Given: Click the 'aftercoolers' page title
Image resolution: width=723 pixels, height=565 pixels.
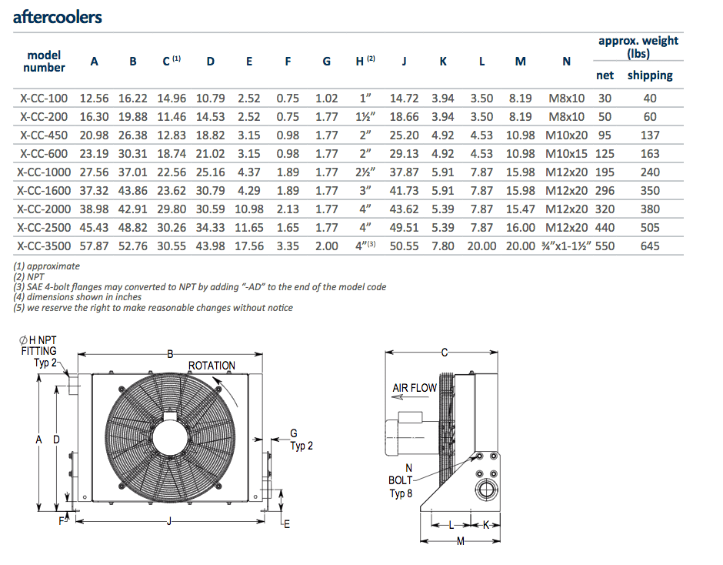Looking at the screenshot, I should tap(58, 17).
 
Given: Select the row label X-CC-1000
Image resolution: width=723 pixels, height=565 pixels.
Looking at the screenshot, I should tap(44, 172).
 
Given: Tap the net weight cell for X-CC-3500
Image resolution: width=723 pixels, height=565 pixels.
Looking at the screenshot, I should tap(605, 246).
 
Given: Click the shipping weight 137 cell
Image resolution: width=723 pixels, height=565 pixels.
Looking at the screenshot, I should tap(650, 135).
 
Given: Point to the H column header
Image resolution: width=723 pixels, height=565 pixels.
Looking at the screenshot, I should tap(365, 62).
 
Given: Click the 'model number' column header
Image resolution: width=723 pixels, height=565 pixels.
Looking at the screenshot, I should tap(44, 62).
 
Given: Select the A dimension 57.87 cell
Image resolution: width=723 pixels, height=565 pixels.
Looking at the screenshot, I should tap(95, 246).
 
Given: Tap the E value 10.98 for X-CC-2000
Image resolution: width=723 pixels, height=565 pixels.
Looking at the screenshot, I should tap(249, 209).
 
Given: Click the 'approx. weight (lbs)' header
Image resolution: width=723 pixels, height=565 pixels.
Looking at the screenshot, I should tap(638, 47).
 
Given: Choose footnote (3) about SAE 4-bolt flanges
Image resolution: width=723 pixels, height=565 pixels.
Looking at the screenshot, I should tap(200, 287).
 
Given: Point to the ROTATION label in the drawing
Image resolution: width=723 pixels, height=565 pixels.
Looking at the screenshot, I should tap(212, 366).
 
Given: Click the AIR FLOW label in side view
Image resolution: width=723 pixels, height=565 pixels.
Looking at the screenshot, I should tap(415, 389).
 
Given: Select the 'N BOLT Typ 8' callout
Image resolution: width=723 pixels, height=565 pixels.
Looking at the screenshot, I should tap(401, 480).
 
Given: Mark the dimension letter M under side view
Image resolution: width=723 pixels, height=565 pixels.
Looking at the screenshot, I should tap(461, 542).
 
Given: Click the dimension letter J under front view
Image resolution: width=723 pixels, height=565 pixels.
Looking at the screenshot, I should tap(169, 523).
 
